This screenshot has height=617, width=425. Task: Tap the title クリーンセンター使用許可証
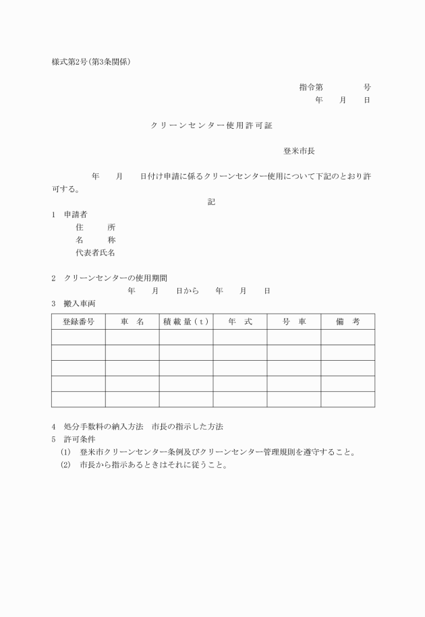pyautogui.click(x=212, y=125)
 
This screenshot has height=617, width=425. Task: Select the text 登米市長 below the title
pyautogui.click(x=299, y=151)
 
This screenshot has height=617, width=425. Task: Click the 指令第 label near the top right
pyautogui.click(x=311, y=87)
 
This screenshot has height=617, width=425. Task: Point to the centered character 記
pyautogui.click(x=212, y=202)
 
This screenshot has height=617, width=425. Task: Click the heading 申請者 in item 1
pyautogui.click(x=76, y=215)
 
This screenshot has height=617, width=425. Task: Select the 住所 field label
pyautogui.click(x=96, y=227)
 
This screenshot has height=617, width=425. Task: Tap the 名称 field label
pyautogui.click(x=96, y=240)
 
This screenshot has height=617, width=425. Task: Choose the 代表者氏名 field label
pyautogui.click(x=96, y=253)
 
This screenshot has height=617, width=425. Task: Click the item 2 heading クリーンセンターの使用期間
pyautogui.click(x=116, y=278)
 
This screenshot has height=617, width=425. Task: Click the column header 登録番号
pyautogui.click(x=78, y=322)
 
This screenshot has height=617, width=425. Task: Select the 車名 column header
pyautogui.click(x=132, y=322)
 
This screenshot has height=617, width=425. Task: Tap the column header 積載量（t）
pyautogui.click(x=186, y=322)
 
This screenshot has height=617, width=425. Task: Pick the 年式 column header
pyautogui.click(x=239, y=322)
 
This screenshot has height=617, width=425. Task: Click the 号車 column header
pyautogui.click(x=293, y=322)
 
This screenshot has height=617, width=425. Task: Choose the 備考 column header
pyautogui.click(x=347, y=322)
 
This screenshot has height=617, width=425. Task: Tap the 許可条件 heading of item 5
pyautogui.click(x=80, y=439)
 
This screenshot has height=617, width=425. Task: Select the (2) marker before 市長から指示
pyautogui.click(x=65, y=465)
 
